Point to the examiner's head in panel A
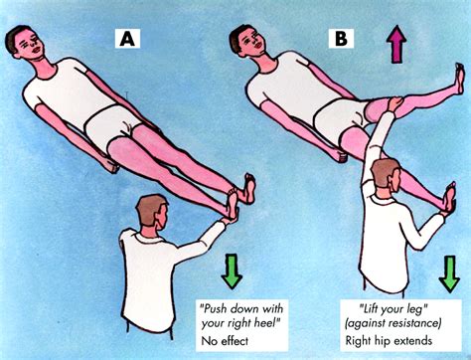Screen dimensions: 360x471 coord(149,213)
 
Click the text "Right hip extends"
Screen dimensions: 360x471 coord(402,340)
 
